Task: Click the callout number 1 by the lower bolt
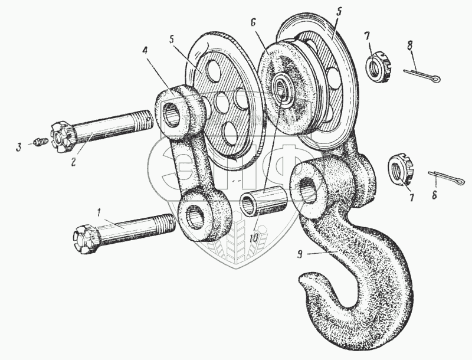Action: (99, 211)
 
